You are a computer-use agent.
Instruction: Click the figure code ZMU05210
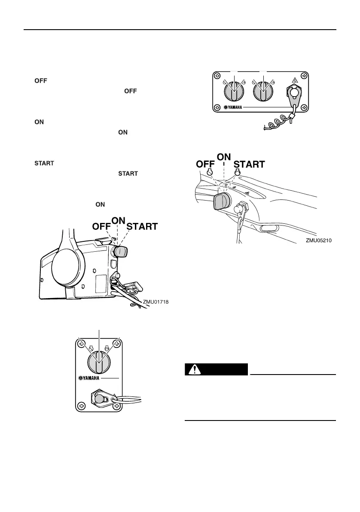tap(318, 241)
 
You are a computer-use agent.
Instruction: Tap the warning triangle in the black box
tap(195, 369)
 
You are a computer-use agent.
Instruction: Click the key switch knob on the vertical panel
tap(99, 361)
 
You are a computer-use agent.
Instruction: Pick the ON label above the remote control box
tap(118, 219)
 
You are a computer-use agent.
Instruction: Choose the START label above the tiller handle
tap(249, 164)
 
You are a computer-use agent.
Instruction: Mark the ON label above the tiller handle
tap(224, 157)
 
